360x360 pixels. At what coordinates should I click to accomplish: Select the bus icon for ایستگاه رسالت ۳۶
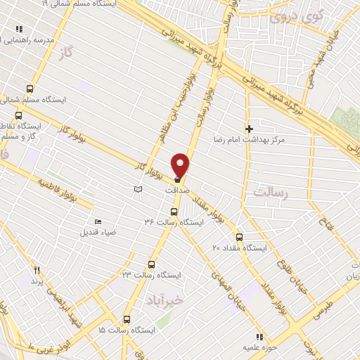pyautogui.click(x=174, y=211)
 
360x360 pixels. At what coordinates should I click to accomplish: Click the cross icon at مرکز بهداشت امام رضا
pyautogui.click(x=249, y=129)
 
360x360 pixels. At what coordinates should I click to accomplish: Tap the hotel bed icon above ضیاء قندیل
pyautogui.click(x=97, y=222)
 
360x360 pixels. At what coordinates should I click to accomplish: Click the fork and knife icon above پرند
pyautogui.click(x=37, y=270)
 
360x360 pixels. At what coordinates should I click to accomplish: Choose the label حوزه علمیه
pyautogui.click(x=253, y=347)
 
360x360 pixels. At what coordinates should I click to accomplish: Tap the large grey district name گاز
pyautogui.click(x=67, y=53)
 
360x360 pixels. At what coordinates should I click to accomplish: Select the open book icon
pyautogui.click(x=138, y=189)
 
